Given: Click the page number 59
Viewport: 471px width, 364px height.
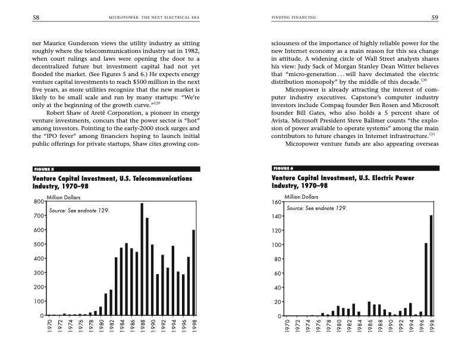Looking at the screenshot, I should tap(435, 18).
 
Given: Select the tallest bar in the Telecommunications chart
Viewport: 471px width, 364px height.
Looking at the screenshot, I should tap(142, 259).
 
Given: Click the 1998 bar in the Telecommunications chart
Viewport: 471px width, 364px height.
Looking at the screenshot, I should tap(193, 272).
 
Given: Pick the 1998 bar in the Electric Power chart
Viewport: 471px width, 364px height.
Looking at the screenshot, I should tap(431, 265).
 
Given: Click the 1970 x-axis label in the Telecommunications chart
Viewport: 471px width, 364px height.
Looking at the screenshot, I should tap(49, 329).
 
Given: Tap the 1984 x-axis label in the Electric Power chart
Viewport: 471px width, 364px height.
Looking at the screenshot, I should tap(359, 329).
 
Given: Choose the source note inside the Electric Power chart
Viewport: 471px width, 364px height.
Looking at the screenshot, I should tap(316, 209).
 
